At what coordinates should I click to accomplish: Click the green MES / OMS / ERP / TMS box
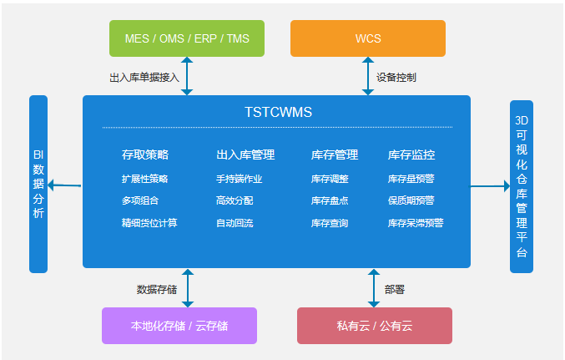[187, 38]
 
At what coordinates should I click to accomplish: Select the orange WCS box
[367, 38]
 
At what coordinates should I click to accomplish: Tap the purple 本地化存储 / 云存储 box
[179, 326]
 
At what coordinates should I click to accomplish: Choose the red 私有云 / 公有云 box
[375, 326]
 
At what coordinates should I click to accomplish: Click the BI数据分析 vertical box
[38, 184]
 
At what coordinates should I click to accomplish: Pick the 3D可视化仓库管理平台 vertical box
[522, 186]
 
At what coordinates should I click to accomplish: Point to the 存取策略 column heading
[145, 155]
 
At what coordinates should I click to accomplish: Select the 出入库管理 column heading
[245, 155]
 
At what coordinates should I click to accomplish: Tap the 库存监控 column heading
[411, 155]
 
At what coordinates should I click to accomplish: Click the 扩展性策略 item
[145, 178]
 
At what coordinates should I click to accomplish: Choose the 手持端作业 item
[240, 178]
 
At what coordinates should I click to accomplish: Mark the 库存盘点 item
[330, 200]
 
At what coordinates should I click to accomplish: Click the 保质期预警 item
[411, 200]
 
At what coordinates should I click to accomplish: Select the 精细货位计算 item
[149, 223]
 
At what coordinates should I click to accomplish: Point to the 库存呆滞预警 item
[416, 223]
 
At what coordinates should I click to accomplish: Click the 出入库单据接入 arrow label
[144, 77]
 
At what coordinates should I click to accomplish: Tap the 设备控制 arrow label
[396, 77]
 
